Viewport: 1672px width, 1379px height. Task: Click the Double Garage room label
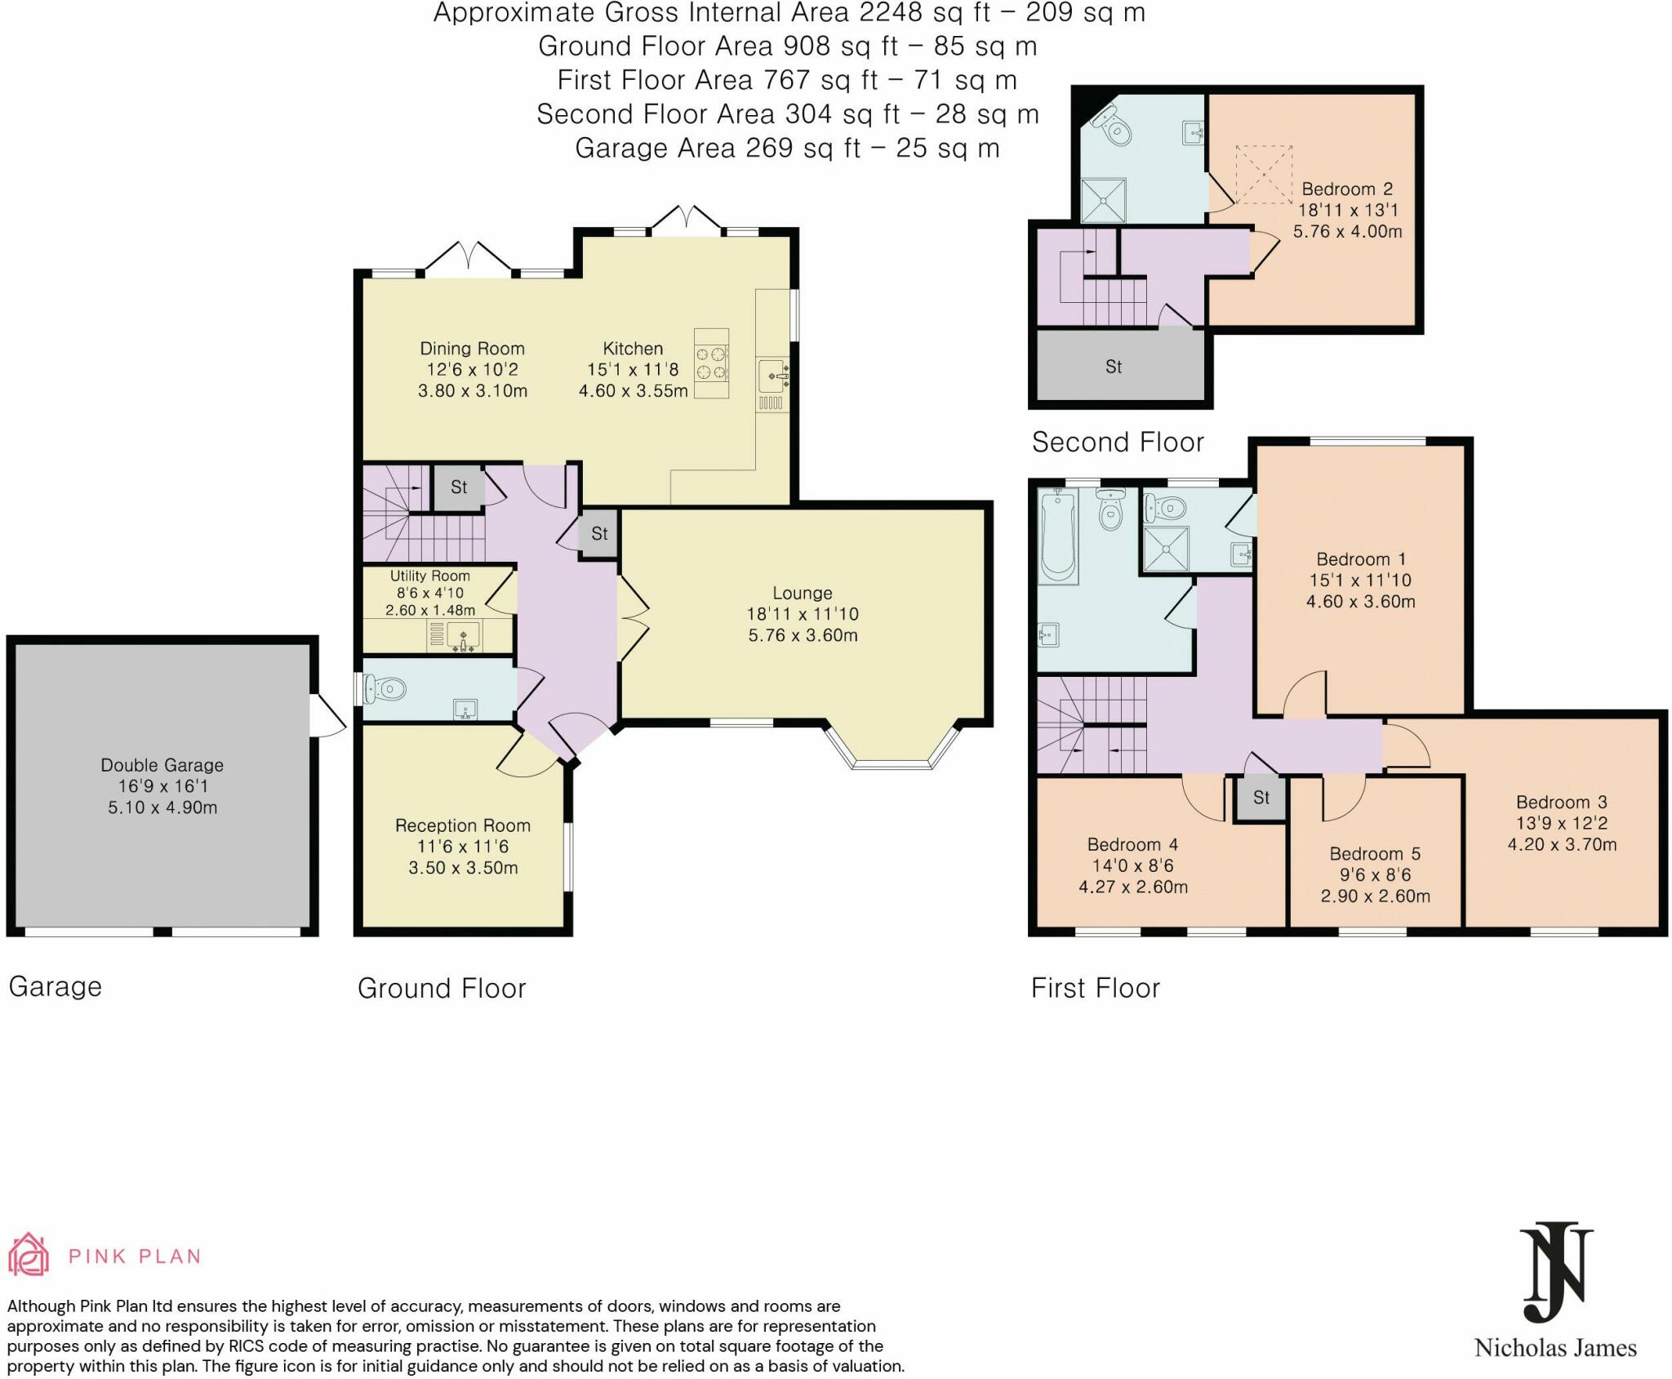(162, 765)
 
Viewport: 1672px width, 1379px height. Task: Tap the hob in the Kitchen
(711, 363)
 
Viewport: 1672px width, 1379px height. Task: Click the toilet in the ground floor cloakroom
(384, 689)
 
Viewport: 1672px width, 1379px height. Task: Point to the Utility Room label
(429, 576)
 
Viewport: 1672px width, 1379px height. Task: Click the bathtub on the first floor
(1058, 536)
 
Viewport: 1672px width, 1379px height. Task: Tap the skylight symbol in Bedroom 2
(1263, 175)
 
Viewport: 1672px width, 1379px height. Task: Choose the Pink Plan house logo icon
(28, 1254)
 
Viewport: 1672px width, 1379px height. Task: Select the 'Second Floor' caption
(1118, 443)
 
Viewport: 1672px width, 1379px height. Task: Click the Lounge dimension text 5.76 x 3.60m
(803, 635)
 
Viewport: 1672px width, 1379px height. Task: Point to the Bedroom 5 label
(1375, 854)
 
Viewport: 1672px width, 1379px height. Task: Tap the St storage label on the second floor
(1114, 367)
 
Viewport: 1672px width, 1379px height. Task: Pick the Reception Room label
(463, 825)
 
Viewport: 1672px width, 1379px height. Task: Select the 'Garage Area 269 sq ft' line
(787, 148)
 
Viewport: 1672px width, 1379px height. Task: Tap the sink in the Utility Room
(463, 636)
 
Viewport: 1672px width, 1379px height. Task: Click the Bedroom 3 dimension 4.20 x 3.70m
(1562, 844)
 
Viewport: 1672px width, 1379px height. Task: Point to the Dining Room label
(472, 349)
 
